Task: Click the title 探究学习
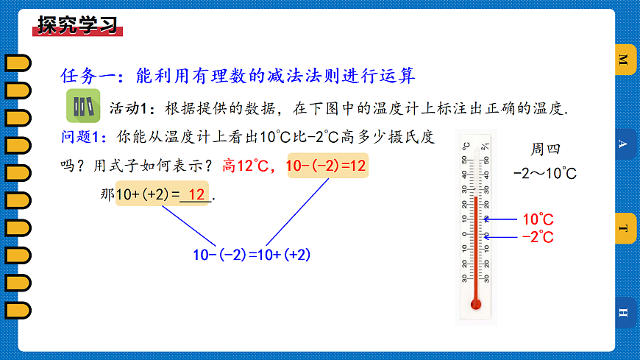[77, 25]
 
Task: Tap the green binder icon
[83, 107]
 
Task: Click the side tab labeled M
[624, 60]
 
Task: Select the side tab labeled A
[624, 144]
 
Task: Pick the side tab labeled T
[624, 228]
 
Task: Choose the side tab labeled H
[624, 313]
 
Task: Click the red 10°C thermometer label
[538, 219]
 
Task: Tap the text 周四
[545, 149]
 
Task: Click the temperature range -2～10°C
[545, 174]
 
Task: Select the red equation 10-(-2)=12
[326, 166]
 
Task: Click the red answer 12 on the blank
[195, 195]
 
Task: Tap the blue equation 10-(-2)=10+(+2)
[252, 255]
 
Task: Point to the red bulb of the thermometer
[476, 303]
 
